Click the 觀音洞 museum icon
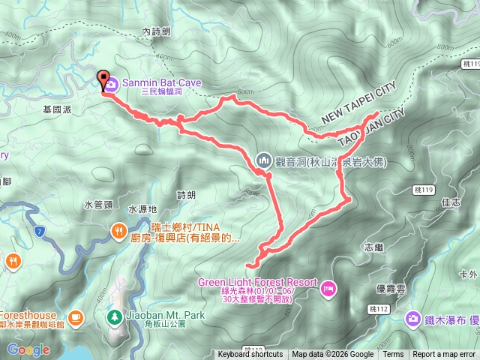[263, 160]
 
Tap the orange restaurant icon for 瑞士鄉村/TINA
[118, 232]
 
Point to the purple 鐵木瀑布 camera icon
[412, 319]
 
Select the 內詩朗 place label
[156, 31]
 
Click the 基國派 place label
[58, 109]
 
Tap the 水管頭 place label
[98, 204]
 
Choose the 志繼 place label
[373, 247]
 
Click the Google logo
[28, 349]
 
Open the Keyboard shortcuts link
[250, 355]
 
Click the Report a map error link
[444, 355]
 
